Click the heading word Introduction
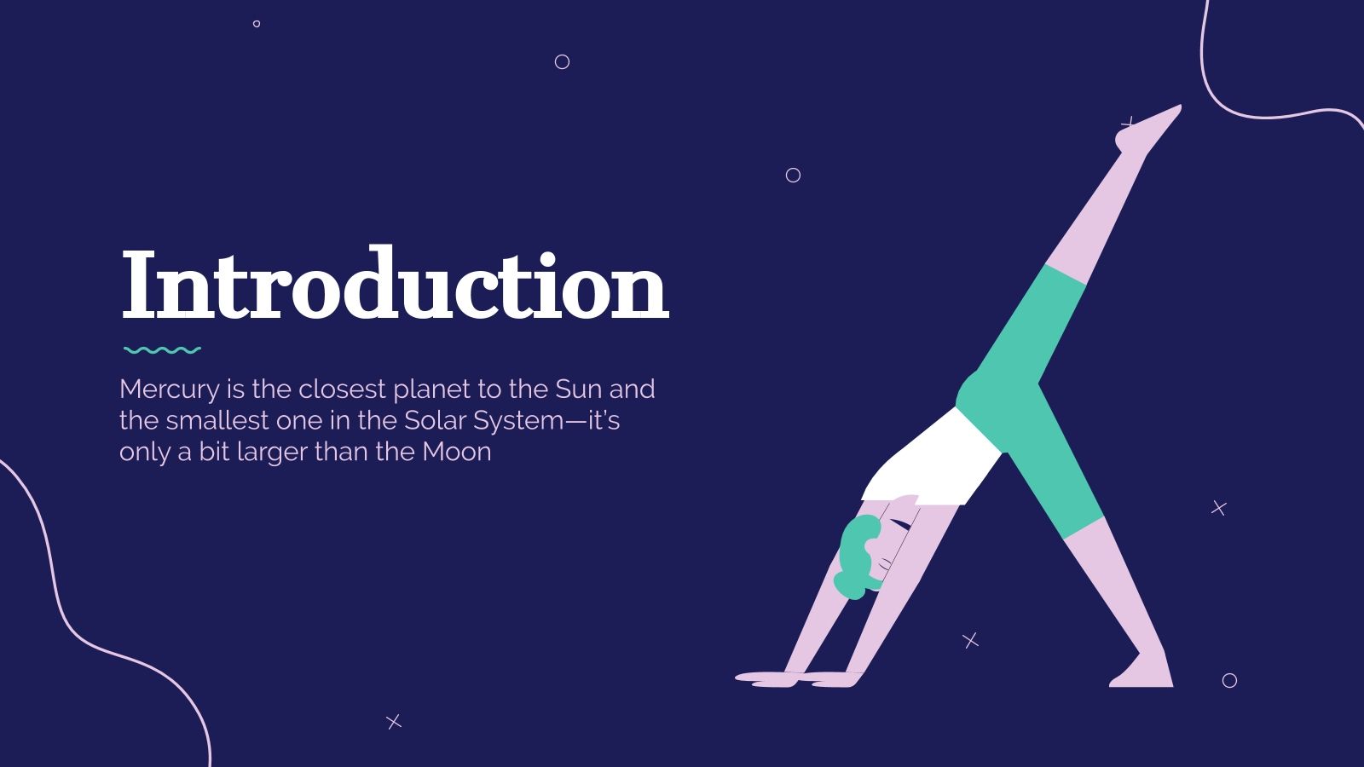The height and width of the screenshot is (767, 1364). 395,285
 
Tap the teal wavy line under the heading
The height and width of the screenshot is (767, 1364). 162,349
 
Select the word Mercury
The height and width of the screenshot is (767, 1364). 170,389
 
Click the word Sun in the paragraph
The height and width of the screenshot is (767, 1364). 579,389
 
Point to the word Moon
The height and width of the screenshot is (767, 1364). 457,452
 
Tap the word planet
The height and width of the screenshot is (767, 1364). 431,389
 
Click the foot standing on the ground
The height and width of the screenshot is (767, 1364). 1142,673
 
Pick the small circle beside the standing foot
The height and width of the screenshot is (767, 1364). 1229,680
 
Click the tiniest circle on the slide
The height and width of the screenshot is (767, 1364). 257,24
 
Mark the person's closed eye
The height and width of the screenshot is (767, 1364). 899,524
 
